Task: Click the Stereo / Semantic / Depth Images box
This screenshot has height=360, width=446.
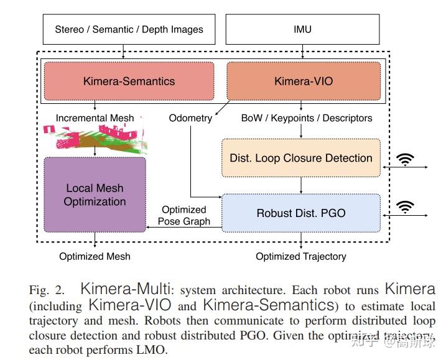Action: coord(129,29)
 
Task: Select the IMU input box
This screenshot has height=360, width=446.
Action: coord(302,29)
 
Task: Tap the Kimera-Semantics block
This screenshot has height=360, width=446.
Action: coord(129,81)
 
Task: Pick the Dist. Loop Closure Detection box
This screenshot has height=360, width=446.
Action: coord(301,157)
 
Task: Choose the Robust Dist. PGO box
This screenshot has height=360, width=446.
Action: coord(301,213)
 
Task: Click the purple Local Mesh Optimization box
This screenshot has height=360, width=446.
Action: coord(95,195)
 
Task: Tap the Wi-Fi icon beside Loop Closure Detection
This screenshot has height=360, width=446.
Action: coord(406,160)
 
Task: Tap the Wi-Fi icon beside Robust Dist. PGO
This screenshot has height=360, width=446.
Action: coord(406,208)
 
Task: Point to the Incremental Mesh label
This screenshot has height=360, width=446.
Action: coord(95,118)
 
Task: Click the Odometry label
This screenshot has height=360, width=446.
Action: coord(190,118)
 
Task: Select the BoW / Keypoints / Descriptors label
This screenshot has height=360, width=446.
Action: coord(307,118)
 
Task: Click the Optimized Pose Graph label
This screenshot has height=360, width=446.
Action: coord(184,215)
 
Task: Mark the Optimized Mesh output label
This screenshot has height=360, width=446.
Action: coord(95,256)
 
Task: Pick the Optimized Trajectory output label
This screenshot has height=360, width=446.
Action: coord(301,256)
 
